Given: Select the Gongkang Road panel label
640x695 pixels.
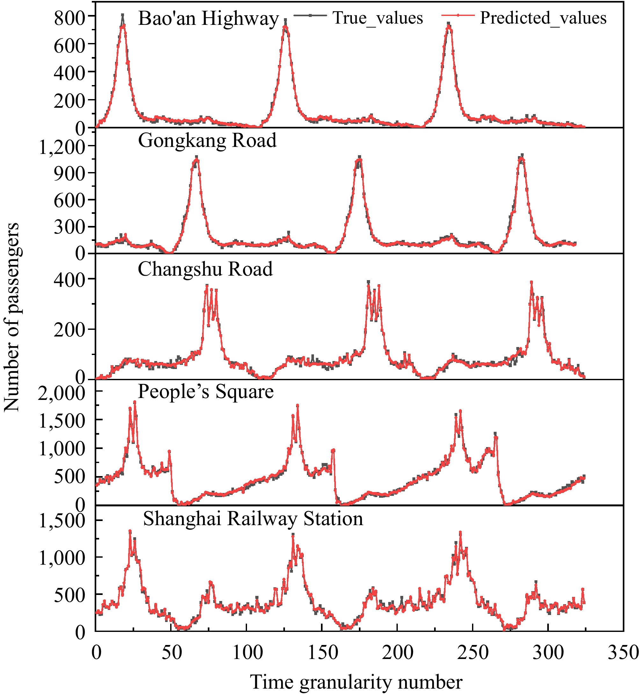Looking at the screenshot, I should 207,140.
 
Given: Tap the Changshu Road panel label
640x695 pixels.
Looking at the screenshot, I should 205,269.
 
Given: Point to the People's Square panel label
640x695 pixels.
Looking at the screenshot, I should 206,392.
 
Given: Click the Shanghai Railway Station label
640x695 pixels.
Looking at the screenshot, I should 253,519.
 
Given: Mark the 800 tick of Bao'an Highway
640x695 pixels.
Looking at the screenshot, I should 69,17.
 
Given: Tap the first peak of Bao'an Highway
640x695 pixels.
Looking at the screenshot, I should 123,16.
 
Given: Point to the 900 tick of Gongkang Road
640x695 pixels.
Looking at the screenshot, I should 69,173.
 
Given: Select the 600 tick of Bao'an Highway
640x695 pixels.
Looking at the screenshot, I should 69,45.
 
